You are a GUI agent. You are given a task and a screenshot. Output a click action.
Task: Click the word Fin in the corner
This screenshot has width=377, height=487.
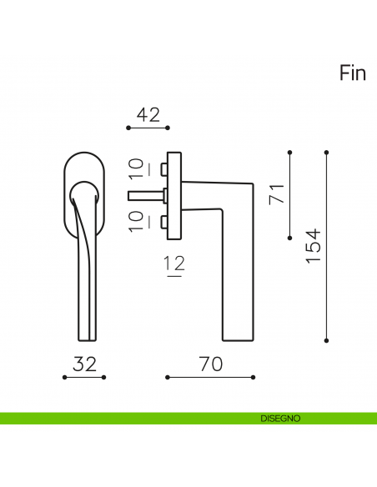pos(353,73)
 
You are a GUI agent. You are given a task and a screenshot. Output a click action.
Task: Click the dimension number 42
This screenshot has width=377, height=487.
pos(148,115)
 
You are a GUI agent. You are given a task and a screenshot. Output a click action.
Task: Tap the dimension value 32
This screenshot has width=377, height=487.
pos(84,364)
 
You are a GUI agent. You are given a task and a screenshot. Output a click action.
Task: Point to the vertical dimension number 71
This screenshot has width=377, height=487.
pos(278,195)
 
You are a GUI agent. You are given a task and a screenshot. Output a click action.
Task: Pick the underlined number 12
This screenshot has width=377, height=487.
pos(174,265)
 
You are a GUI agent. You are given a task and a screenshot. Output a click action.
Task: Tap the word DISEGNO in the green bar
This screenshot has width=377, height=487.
pos(280,418)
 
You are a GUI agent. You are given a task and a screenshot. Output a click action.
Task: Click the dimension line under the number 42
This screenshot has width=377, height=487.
pos(148,128)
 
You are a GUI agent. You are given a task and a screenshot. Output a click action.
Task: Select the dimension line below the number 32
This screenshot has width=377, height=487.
pos(84,377)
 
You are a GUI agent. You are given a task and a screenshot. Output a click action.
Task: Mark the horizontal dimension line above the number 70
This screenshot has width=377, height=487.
pos(210,377)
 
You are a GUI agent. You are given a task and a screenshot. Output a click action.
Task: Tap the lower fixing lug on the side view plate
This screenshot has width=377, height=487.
pos(165,222)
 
